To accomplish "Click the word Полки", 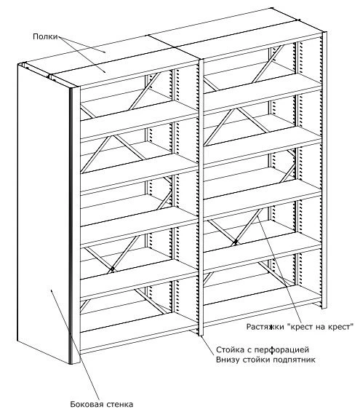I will pos(44,36).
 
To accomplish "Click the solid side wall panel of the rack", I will pos(44,218).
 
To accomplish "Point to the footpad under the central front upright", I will pos(199,336).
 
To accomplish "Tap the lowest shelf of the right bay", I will pos(262,309).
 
